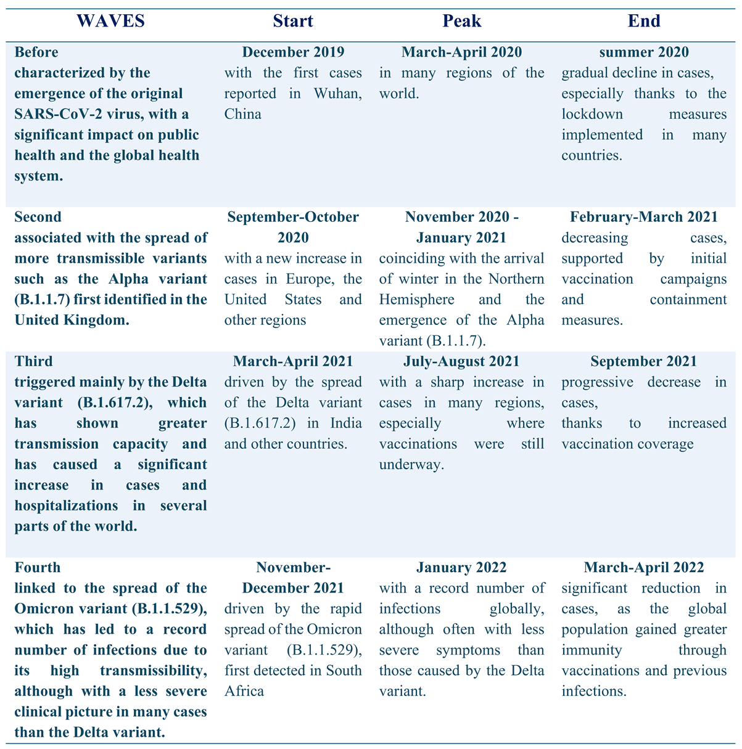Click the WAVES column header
click(110, 20)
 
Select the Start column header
click(293, 20)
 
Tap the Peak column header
click(462, 20)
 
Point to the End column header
click(644, 20)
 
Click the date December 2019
click(293, 52)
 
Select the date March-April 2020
click(462, 52)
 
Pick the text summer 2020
click(644, 52)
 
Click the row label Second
click(38, 217)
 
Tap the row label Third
click(34, 361)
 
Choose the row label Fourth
click(38, 567)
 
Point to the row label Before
click(36, 52)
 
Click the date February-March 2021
click(644, 217)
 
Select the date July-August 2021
click(462, 361)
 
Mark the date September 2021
click(644, 361)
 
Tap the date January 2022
click(462, 567)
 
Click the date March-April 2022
click(644, 567)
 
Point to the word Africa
click(244, 691)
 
